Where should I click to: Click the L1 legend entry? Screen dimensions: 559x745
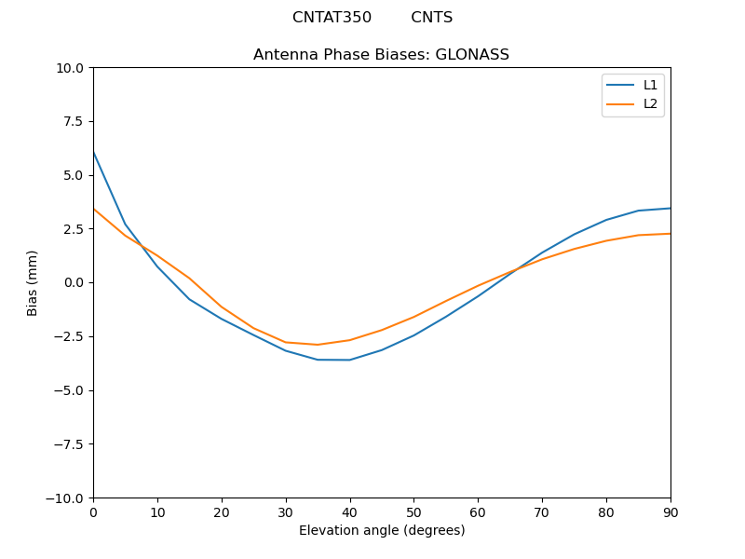[x=650, y=85]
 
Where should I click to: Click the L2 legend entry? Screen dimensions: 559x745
[x=650, y=103]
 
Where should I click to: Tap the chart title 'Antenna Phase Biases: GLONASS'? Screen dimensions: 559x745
[x=381, y=55]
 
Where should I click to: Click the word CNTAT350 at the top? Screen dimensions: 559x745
[x=332, y=18]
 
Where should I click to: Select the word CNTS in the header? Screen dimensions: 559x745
[x=431, y=18]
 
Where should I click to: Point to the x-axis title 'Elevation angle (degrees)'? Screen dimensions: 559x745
[x=382, y=531]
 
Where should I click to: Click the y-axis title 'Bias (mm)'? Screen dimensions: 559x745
[x=33, y=282]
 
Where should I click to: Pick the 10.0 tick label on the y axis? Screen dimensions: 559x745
[x=70, y=68]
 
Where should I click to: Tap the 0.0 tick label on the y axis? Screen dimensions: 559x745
[x=74, y=282]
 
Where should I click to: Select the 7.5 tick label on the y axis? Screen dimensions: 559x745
[x=74, y=121]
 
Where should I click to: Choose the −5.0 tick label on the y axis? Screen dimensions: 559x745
[x=69, y=390]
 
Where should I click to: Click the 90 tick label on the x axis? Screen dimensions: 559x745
[x=670, y=512]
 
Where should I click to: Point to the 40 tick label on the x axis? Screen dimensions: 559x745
[x=349, y=512]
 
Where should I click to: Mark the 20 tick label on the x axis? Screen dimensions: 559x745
[x=222, y=512]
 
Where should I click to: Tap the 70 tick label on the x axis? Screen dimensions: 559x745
[x=542, y=512]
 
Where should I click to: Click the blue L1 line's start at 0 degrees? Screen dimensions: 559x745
[x=94, y=152]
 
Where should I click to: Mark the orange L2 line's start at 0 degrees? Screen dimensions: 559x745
[x=94, y=210]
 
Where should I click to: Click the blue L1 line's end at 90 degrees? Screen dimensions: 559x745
[x=670, y=208]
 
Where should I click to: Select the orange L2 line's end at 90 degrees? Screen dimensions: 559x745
[x=670, y=234]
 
